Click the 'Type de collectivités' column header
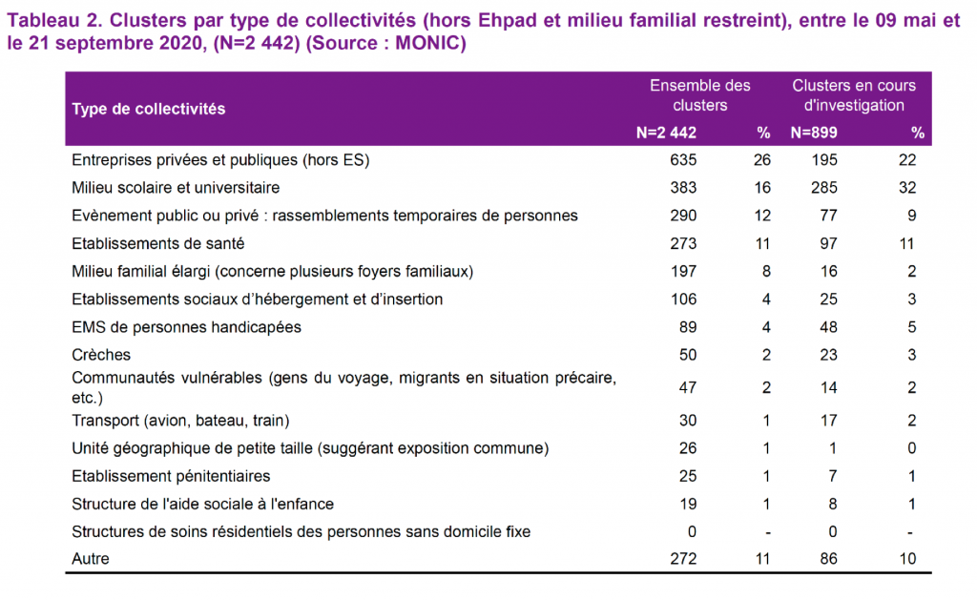(x=148, y=109)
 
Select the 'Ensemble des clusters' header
(x=699, y=95)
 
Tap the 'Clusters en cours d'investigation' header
(x=854, y=95)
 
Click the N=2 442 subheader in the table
(x=666, y=133)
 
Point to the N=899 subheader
(x=814, y=133)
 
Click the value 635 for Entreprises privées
(x=683, y=160)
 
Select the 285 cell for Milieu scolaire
(x=823, y=188)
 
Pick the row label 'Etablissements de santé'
(x=157, y=243)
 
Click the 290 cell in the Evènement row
(x=683, y=216)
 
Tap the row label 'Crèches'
(x=101, y=355)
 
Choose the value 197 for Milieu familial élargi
(x=683, y=272)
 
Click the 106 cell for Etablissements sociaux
(x=683, y=300)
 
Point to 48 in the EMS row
(x=828, y=327)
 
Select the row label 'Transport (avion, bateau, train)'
(x=180, y=421)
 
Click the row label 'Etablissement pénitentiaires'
(x=171, y=477)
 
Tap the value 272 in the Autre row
(x=683, y=559)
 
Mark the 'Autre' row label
(x=91, y=559)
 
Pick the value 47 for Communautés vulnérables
(x=687, y=387)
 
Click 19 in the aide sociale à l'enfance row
(x=688, y=504)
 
